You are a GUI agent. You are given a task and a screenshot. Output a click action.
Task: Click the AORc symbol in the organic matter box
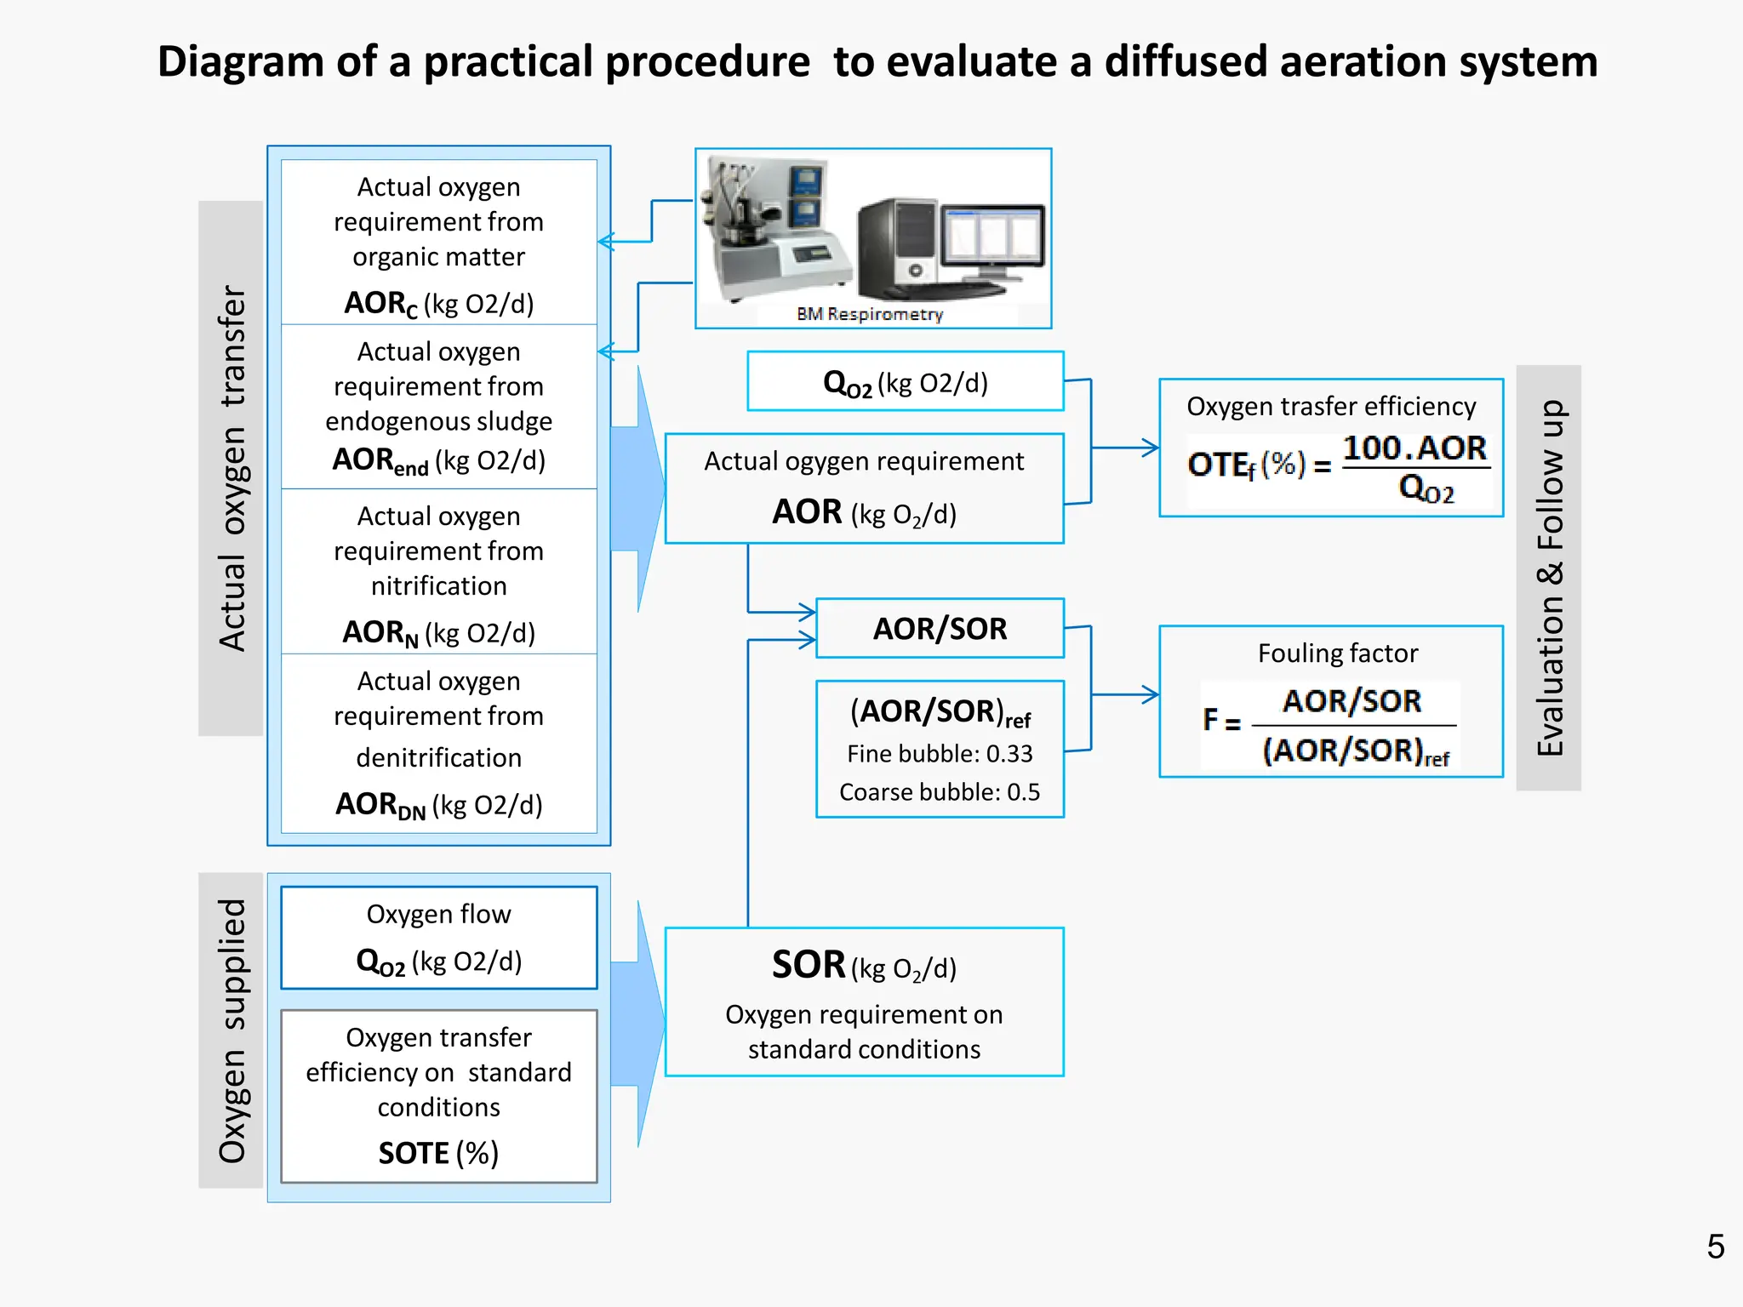[380, 304]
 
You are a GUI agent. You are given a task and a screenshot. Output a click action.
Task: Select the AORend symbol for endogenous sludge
[380, 461]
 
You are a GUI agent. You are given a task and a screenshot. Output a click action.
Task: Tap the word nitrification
[438, 586]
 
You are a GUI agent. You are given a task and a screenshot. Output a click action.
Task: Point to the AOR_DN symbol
[380, 805]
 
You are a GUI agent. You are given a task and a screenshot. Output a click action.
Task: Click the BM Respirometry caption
[869, 314]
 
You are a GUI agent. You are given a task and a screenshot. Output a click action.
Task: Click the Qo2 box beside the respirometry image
[905, 382]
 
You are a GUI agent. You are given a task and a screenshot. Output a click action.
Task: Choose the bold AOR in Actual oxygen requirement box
[806, 512]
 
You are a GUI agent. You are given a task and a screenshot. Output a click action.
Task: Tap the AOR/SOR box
[940, 629]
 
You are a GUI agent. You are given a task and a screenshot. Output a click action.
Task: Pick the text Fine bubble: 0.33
[940, 754]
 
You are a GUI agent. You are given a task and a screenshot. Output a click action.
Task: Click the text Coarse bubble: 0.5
[940, 792]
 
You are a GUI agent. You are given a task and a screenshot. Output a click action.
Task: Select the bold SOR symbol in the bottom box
[808, 965]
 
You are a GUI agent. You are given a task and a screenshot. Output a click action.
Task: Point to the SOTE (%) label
[438, 1153]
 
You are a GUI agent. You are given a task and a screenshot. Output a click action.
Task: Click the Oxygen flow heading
[438, 914]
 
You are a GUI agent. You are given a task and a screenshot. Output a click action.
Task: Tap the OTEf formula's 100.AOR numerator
[1414, 448]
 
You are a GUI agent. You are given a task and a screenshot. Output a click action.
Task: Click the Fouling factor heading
[1337, 653]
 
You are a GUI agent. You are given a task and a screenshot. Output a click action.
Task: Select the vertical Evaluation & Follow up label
[1549, 579]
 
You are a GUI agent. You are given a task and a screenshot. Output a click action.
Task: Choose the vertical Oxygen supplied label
[231, 1030]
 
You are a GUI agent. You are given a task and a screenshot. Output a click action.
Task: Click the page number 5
[1715, 1247]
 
